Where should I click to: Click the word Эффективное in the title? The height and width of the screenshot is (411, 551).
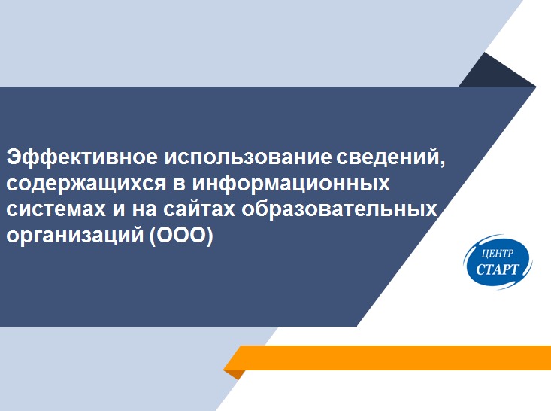[x=82, y=157]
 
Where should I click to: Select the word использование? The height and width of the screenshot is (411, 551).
[x=248, y=157]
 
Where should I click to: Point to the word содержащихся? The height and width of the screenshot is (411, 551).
[x=86, y=184]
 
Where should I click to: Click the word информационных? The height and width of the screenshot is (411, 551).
[x=292, y=184]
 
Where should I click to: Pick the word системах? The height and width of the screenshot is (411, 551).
[x=56, y=209]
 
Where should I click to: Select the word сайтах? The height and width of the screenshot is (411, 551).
[x=199, y=209]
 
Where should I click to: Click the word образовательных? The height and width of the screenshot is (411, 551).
[x=339, y=209]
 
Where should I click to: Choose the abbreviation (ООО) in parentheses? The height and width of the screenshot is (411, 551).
[x=181, y=235]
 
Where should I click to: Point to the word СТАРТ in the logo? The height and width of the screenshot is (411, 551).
[x=498, y=269]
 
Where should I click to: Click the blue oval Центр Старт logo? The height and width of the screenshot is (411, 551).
[x=498, y=262]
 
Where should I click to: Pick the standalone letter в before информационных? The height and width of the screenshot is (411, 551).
[x=179, y=184]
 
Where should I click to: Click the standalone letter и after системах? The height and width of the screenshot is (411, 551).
[x=119, y=210]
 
